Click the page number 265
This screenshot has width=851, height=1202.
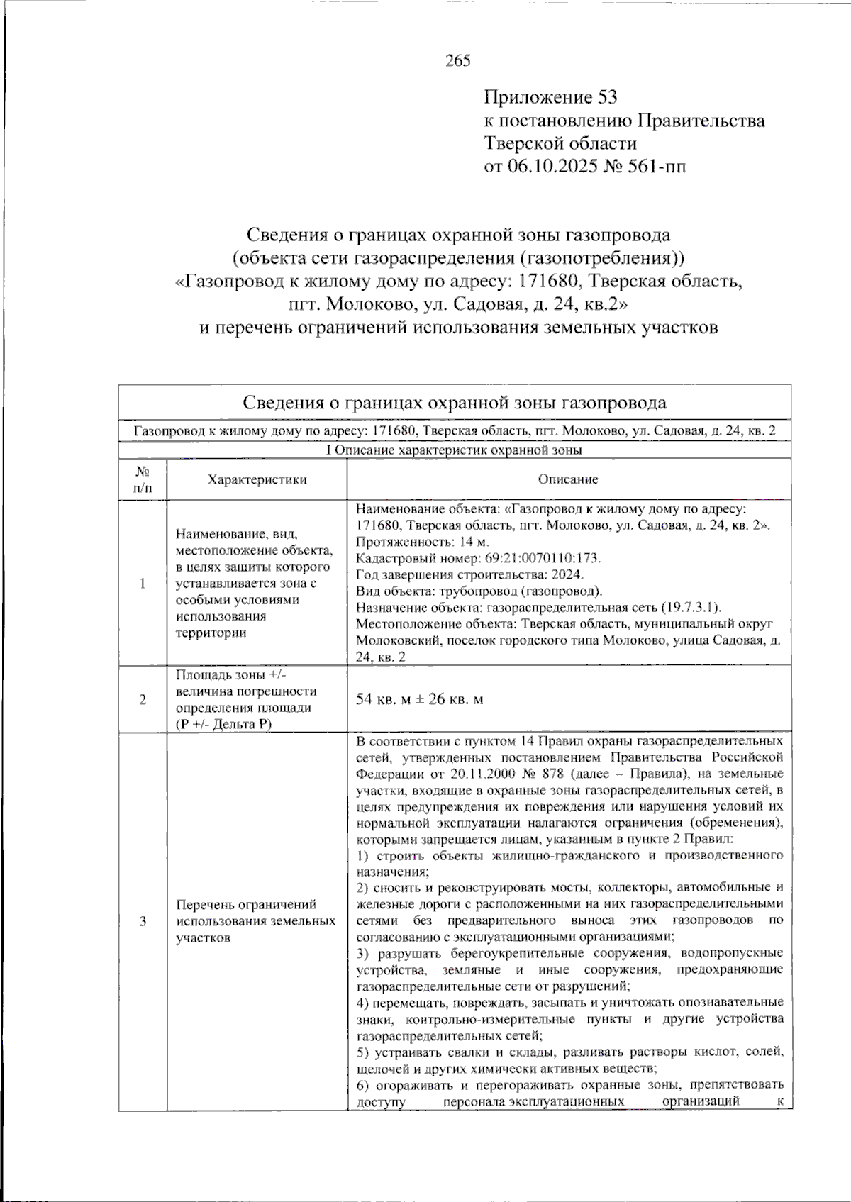457,61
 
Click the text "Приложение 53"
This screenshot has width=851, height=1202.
551,97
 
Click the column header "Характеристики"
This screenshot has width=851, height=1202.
257,479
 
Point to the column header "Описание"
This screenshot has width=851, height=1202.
568,479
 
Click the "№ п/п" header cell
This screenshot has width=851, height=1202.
143,479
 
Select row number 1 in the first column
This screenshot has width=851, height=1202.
143,583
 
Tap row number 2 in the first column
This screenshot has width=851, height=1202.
143,699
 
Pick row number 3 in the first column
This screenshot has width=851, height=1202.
143,921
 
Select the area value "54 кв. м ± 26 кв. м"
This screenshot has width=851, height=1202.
420,699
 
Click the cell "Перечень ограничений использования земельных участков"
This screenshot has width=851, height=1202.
256,921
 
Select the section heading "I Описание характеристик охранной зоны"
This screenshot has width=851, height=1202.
455,450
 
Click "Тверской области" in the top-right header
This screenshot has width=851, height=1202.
560,143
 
